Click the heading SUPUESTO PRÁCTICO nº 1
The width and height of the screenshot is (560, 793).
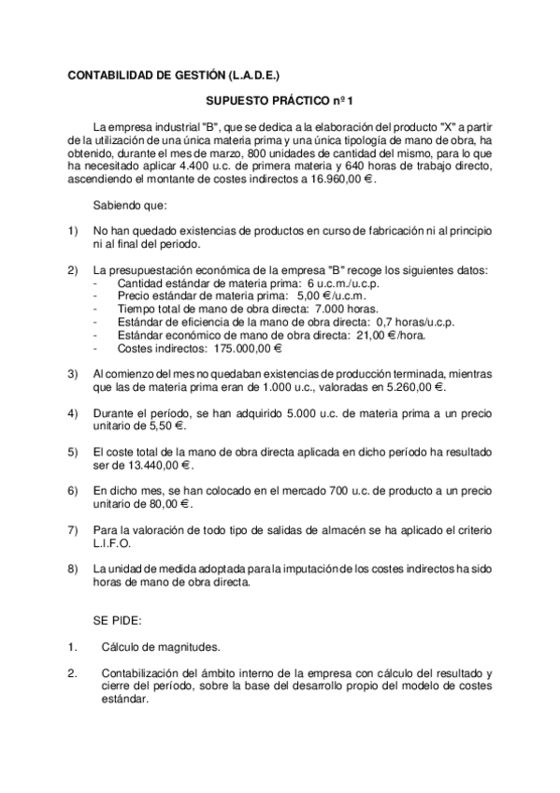tap(280, 99)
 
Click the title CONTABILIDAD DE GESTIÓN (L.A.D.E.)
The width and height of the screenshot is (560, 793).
tap(173, 73)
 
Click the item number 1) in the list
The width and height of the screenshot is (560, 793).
tap(73, 230)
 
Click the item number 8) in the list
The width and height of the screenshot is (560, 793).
tap(73, 568)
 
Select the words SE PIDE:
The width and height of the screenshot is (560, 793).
tap(118, 618)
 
